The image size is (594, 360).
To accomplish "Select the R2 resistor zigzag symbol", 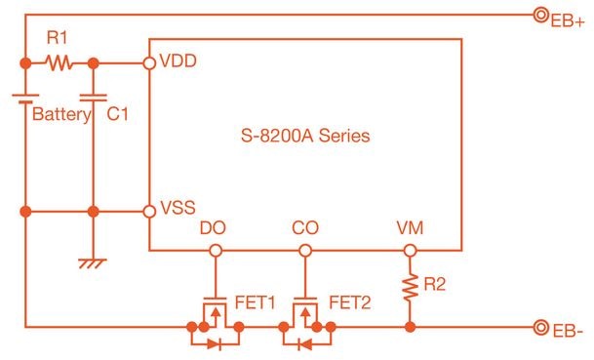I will pos(410,287).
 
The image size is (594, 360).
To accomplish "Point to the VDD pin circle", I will pos(148,63).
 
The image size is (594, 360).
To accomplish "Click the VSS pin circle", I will pos(148,211).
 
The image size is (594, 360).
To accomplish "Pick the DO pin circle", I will pos(215,251).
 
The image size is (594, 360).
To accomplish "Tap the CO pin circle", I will pos(305,251).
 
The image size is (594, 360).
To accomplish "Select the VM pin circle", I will pos(410,251).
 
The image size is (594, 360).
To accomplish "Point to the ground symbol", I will pos(94,262).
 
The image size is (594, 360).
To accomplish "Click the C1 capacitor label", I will pos(118,114).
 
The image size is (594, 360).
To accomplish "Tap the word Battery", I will pos(61,114).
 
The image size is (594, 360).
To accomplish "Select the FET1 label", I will pos(255,301).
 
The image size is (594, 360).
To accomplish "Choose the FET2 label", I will pos(349,301).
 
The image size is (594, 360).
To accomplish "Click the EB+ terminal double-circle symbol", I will pos(537,15).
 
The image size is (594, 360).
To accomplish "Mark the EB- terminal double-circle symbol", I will pos(537,326).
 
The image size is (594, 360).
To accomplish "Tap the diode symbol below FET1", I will pos(216,342).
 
